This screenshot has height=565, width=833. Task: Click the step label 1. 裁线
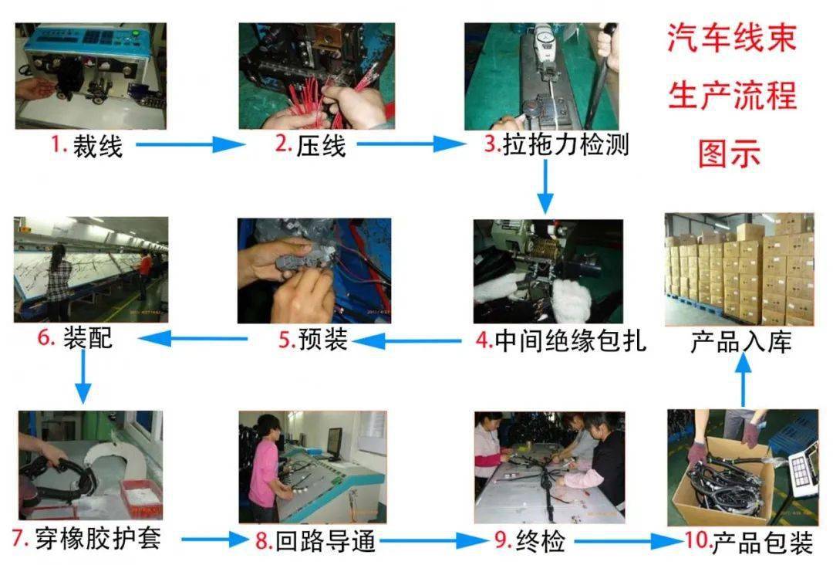point(87,145)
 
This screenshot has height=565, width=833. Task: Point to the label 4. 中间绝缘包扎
point(560,340)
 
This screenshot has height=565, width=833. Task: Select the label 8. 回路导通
point(315,540)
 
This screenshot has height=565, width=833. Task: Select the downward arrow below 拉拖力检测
point(545,189)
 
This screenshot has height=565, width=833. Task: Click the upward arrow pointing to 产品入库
point(742,381)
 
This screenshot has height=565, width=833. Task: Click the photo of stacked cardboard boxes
point(739,269)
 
